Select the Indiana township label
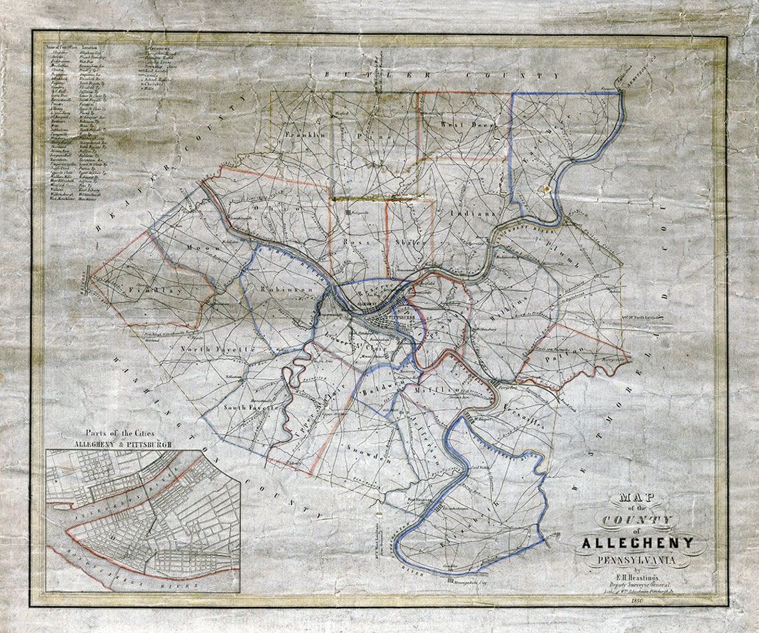point(473,214)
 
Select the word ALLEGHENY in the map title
point(637,542)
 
